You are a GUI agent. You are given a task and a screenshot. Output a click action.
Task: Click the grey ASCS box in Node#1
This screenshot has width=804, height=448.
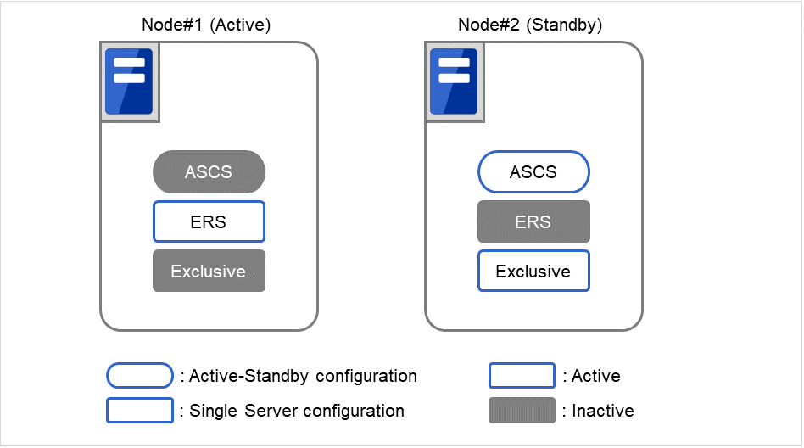(x=209, y=172)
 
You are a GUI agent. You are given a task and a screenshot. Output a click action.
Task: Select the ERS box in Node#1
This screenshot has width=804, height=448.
(x=209, y=221)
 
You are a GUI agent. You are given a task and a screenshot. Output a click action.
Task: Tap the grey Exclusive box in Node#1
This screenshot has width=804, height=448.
(x=209, y=272)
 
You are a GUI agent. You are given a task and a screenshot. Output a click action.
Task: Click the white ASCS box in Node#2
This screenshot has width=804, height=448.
(x=533, y=172)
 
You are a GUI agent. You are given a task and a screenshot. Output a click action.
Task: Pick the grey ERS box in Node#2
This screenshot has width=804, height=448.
(x=533, y=221)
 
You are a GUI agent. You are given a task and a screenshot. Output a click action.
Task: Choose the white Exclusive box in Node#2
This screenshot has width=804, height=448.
(x=533, y=272)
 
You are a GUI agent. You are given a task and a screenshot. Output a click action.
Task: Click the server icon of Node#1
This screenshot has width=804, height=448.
(x=129, y=81)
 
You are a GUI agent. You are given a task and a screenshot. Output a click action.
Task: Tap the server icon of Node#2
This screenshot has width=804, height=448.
(x=454, y=81)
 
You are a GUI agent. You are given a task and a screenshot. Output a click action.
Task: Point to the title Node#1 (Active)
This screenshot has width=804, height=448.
(x=205, y=25)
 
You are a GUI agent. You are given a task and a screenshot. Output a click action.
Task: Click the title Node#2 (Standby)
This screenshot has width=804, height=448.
(x=530, y=25)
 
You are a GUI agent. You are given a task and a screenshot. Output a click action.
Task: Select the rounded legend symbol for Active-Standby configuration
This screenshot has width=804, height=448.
(x=139, y=376)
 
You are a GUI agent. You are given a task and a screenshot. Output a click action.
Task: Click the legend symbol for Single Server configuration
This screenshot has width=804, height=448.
(x=139, y=411)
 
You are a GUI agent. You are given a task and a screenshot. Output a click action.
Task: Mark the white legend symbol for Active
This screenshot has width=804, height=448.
(x=522, y=376)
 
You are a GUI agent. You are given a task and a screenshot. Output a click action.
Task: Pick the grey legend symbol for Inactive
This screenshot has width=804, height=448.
(x=522, y=411)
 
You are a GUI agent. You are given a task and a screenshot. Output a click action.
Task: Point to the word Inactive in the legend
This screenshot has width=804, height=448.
(x=603, y=411)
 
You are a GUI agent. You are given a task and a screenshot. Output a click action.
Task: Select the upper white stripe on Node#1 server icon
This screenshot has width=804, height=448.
(x=129, y=63)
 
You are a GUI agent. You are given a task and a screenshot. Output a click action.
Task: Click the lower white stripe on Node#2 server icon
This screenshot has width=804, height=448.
(x=454, y=78)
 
